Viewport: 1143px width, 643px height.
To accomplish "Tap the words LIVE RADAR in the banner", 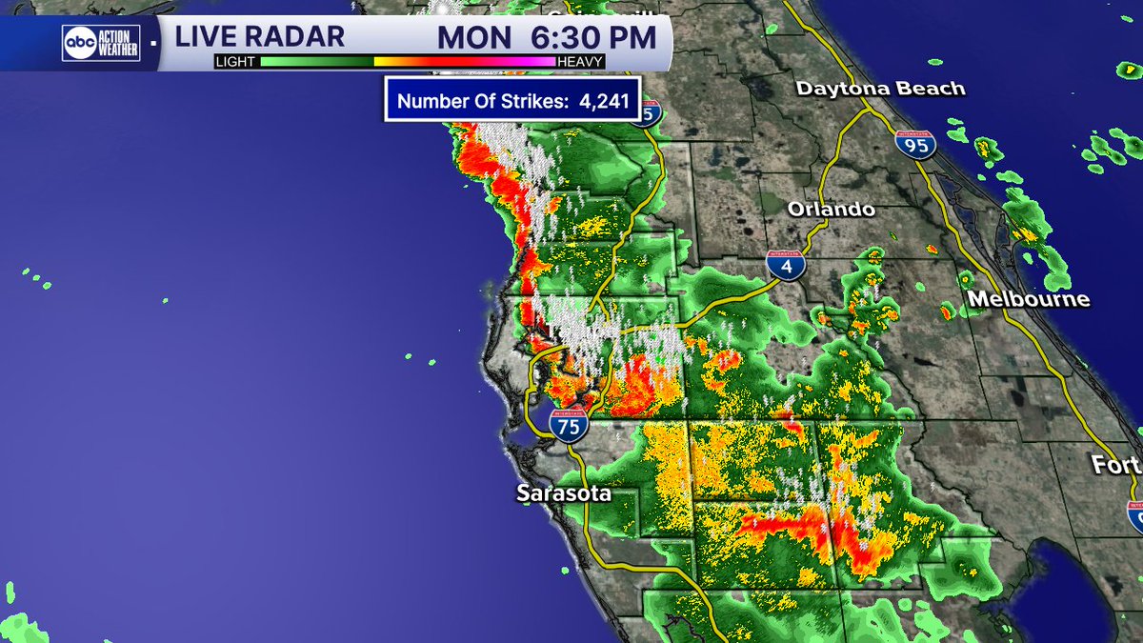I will pos(259,37).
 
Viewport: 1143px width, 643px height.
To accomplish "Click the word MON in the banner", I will pos(472,38).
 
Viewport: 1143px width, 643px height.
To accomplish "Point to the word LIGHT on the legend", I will pos(235,62).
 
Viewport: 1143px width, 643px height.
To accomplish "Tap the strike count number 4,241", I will pos(605,101).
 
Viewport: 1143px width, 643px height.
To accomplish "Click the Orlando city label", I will pos(831,209).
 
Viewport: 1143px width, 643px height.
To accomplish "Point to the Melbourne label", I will pos(1028,299).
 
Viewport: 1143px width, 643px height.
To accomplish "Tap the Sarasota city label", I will pos(563,493).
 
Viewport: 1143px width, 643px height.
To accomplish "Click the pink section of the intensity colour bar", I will pos(529,62).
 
